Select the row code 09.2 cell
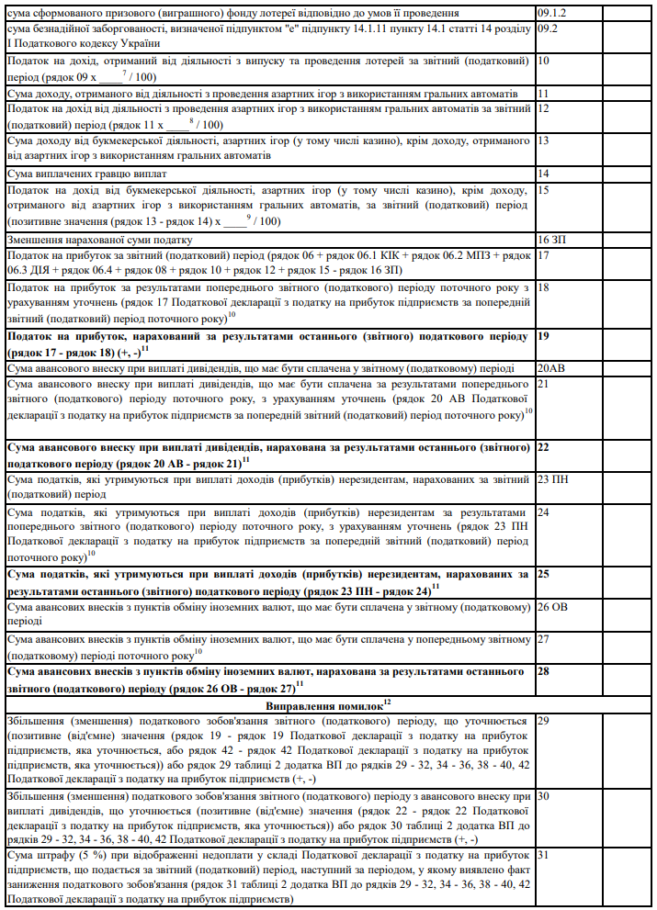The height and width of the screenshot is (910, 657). coord(549,29)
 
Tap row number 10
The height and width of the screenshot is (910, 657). coord(544,61)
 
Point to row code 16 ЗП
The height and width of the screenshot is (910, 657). coord(551,239)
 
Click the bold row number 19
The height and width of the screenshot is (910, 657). coord(544,336)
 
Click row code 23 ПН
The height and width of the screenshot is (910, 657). coord(554,478)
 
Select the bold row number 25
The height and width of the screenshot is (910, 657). coord(544,574)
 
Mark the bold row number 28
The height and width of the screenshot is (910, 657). coord(544,671)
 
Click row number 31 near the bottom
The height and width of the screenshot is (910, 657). coord(544,855)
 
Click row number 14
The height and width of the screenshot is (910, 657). coord(544,174)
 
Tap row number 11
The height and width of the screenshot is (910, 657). coord(544,94)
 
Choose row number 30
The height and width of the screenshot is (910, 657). coord(544,796)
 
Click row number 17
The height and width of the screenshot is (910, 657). coord(544,254)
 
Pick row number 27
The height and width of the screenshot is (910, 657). coord(544,638)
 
